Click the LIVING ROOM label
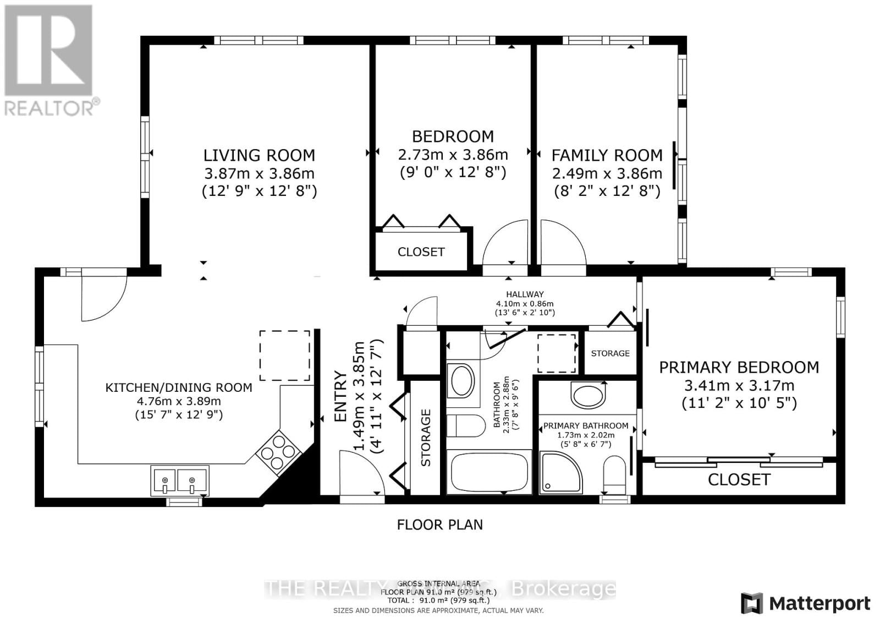(259, 155)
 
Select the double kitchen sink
(179, 480)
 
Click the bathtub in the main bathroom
(489, 472)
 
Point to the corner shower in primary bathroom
(560, 472)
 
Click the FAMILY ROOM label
(607, 155)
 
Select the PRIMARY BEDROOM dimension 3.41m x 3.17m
(739, 385)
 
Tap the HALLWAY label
(525, 294)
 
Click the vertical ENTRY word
(341, 396)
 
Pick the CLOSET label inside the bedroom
(421, 252)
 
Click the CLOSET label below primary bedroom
(739, 480)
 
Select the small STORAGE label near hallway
(610, 353)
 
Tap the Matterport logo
(806, 603)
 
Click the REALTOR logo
(50, 61)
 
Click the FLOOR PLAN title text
(439, 524)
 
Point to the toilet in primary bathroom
(614, 477)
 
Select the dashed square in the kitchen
(284, 355)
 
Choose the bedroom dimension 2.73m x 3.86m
(453, 155)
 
